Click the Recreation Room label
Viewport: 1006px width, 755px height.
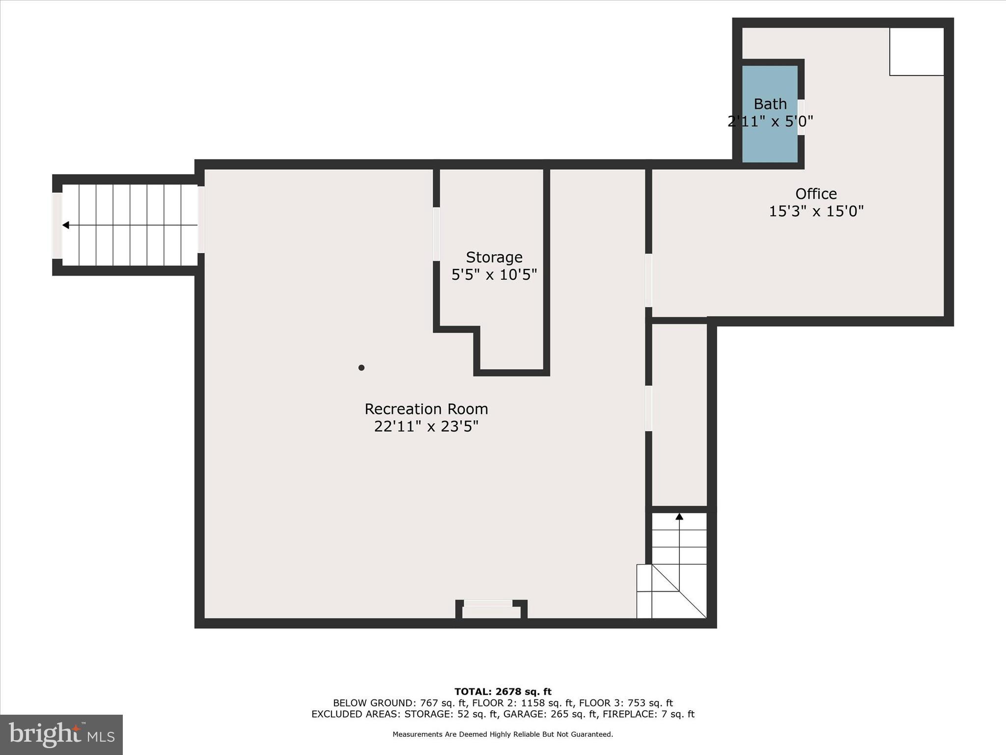tap(426, 409)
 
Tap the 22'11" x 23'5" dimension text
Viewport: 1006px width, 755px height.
tap(426, 426)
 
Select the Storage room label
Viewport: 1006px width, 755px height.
tap(494, 257)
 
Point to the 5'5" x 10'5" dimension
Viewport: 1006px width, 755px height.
tap(494, 274)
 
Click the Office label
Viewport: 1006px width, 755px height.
tap(816, 193)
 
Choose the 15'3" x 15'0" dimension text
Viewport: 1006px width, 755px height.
tap(816, 211)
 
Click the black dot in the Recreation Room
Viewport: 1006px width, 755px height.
tap(361, 368)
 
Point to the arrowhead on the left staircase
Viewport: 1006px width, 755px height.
tap(65, 225)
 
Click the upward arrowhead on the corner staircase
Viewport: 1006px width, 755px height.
tap(679, 517)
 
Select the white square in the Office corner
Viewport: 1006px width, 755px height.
tap(916, 52)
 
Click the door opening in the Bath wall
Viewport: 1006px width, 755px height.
tap(801, 117)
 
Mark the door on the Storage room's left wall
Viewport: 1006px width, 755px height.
tap(436, 234)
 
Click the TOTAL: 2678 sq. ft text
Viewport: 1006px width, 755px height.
tap(503, 692)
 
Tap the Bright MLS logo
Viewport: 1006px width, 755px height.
tap(61, 734)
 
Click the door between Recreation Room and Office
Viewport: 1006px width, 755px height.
tap(648, 280)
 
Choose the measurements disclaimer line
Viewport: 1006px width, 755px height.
tap(503, 734)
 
